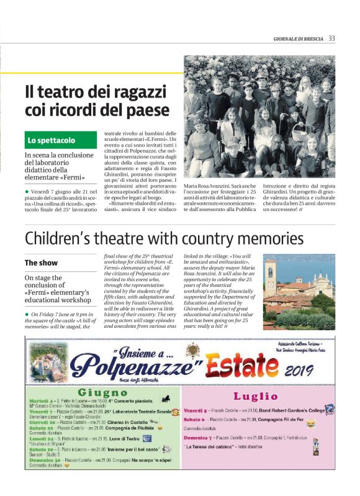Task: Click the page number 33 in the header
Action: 332,38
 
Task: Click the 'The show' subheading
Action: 42,263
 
